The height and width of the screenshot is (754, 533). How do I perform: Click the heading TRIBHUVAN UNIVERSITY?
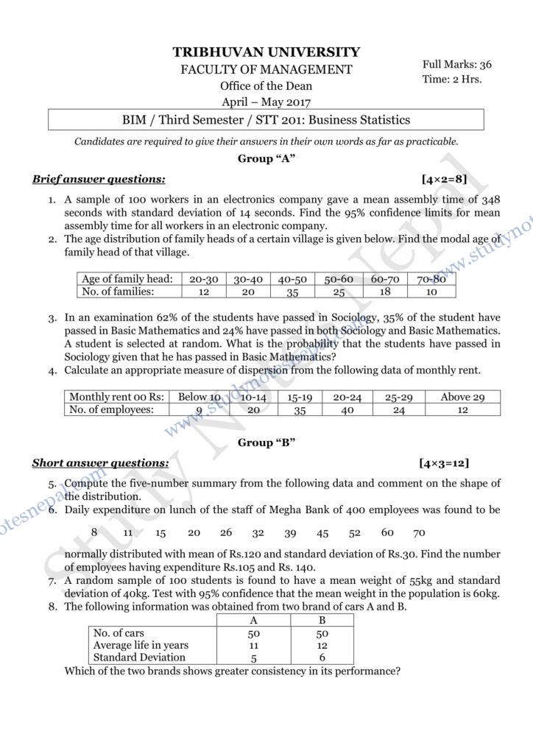[x=266, y=52]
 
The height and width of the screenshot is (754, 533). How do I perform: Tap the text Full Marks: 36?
[x=457, y=64]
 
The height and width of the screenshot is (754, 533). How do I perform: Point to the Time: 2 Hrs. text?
[x=452, y=79]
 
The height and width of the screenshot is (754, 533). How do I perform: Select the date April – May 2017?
[x=266, y=102]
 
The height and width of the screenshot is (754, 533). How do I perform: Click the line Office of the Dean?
[x=266, y=85]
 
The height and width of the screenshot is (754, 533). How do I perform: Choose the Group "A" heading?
[x=266, y=159]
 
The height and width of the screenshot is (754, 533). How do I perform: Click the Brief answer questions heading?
[x=99, y=179]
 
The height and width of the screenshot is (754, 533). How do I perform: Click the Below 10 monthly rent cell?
[x=199, y=397]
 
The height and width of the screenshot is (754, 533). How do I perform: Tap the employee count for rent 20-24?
[x=347, y=410]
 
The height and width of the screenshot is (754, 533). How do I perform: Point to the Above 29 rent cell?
[x=462, y=397]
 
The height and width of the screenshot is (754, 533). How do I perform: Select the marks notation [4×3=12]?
[x=444, y=463]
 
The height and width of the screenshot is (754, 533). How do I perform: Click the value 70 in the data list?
[x=419, y=532]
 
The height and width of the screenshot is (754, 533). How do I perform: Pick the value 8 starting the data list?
[x=94, y=532]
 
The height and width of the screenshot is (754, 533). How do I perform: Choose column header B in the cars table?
[x=321, y=620]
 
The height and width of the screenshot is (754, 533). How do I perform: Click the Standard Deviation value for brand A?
[x=254, y=658]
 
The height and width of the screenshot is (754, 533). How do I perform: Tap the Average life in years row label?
[x=141, y=645]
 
